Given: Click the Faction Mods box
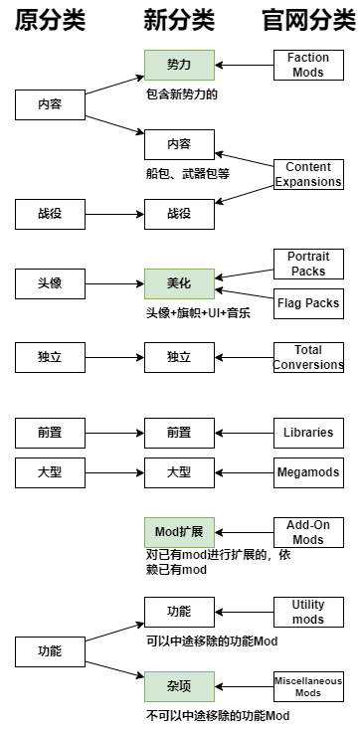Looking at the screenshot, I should pyautogui.click(x=308, y=66).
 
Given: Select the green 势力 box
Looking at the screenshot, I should pyautogui.click(x=179, y=66).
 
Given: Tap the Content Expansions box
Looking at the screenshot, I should pyautogui.click(x=308, y=174).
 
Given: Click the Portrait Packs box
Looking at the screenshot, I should pyautogui.click(x=308, y=264).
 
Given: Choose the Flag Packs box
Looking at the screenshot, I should pyautogui.click(x=308, y=303).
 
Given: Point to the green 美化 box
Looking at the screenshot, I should pyautogui.click(x=179, y=283).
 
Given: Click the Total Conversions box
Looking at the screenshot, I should pyautogui.click(x=308, y=357).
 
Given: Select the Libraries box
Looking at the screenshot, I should pyautogui.click(x=308, y=434).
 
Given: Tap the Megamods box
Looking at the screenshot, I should pyautogui.click(x=308, y=473).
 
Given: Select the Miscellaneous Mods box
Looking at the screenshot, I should pyautogui.click(x=308, y=686).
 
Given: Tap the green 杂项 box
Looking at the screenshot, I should pyautogui.click(x=179, y=686).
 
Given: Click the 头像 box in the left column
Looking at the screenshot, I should pyautogui.click(x=50, y=283).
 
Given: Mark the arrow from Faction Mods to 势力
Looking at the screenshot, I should pyautogui.click(x=244, y=66).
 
